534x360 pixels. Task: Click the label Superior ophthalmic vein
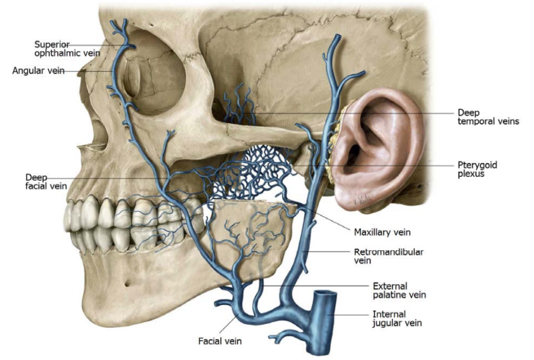[x=64, y=48]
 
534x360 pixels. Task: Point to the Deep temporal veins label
[x=488, y=117]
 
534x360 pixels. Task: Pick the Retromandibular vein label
[x=388, y=256]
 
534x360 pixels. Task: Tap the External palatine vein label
[x=399, y=290]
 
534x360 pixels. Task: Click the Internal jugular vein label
[x=397, y=318]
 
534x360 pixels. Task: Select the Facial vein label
[x=220, y=341]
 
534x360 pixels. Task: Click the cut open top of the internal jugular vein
[x=326, y=295]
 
